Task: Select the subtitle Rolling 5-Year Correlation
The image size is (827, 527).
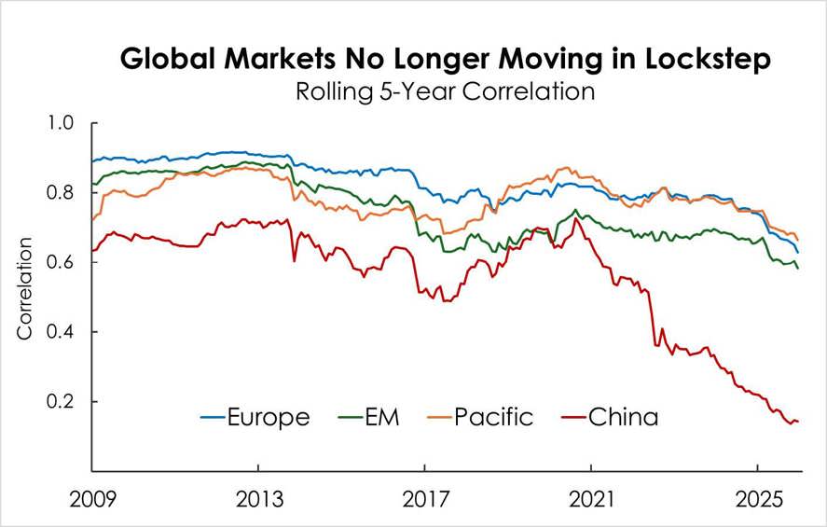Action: pos(444,92)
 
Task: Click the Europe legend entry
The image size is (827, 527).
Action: pos(257,416)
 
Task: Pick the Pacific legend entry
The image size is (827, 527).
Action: pos(479,416)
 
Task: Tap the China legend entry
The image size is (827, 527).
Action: pos(610,416)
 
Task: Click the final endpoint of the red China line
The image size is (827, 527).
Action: pos(798,422)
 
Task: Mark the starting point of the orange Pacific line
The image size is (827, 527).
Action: pos(91,220)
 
